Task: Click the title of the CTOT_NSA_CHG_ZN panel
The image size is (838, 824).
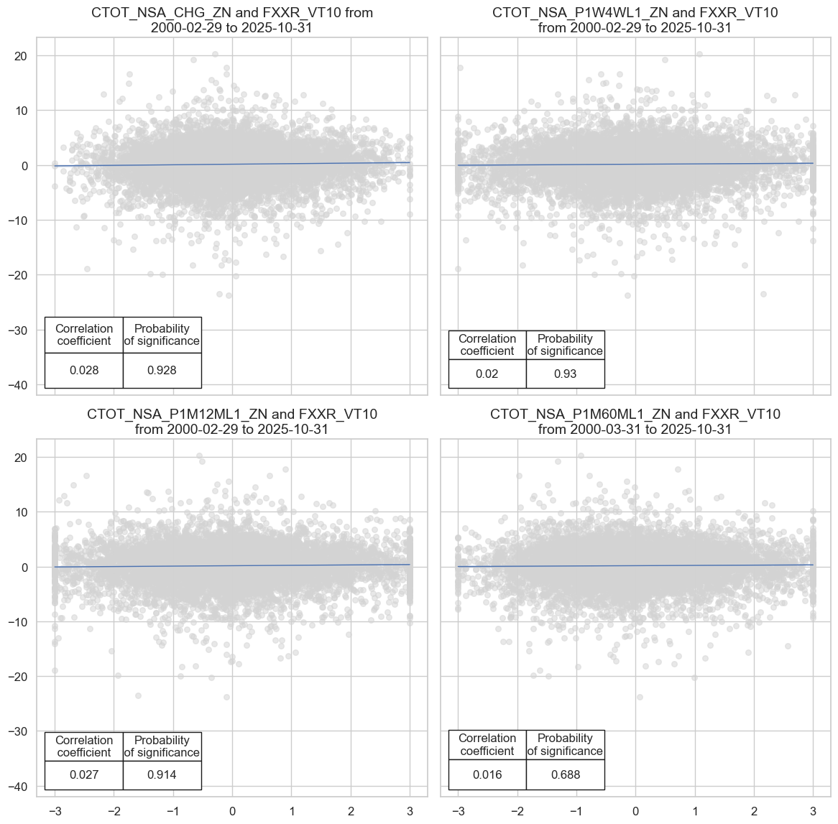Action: tap(231, 20)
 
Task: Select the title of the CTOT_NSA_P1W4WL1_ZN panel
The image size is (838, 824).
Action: tap(635, 20)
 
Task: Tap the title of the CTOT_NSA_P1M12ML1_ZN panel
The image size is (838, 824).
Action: tap(231, 422)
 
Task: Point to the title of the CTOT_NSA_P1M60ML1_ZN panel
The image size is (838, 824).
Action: tap(635, 422)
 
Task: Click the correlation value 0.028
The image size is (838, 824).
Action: tap(84, 371)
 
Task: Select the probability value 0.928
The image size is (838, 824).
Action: tap(162, 371)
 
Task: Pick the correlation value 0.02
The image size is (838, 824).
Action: tap(487, 374)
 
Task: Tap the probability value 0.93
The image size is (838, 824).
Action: tap(566, 374)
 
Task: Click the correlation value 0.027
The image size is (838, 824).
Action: tap(84, 775)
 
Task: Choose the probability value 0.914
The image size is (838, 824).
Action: tap(162, 775)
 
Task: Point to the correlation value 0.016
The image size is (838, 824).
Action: tap(487, 775)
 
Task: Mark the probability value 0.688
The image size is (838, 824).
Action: tap(566, 775)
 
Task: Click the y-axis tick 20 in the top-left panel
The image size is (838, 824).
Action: tap(21, 56)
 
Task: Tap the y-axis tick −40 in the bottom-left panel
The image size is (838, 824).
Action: tap(17, 787)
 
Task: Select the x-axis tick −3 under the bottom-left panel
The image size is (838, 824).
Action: tap(54, 811)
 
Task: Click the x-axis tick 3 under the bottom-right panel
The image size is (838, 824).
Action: tap(813, 811)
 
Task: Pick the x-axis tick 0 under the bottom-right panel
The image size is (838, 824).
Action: tap(635, 811)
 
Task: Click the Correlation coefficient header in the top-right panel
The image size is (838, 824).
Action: tap(487, 345)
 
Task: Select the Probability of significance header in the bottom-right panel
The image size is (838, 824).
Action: tap(566, 745)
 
